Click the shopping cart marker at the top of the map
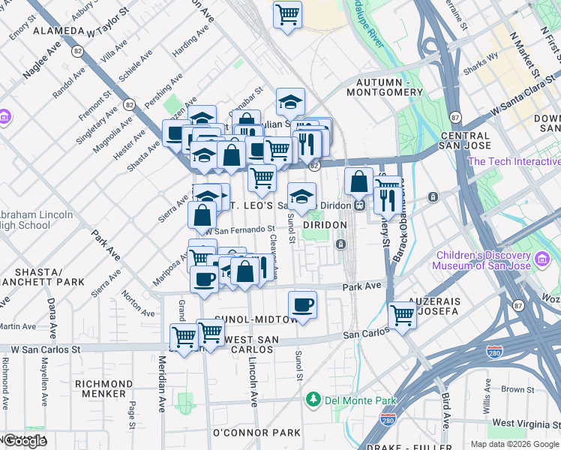click(287, 14)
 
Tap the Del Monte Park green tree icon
click(313, 400)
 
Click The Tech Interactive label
click(514, 161)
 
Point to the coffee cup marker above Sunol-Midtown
click(302, 304)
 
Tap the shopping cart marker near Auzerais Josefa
click(403, 314)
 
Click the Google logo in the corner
click(25, 441)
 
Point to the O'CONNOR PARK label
click(256, 433)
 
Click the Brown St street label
click(517, 389)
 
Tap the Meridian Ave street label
click(162, 394)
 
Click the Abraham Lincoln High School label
click(36, 220)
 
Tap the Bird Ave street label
click(445, 409)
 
